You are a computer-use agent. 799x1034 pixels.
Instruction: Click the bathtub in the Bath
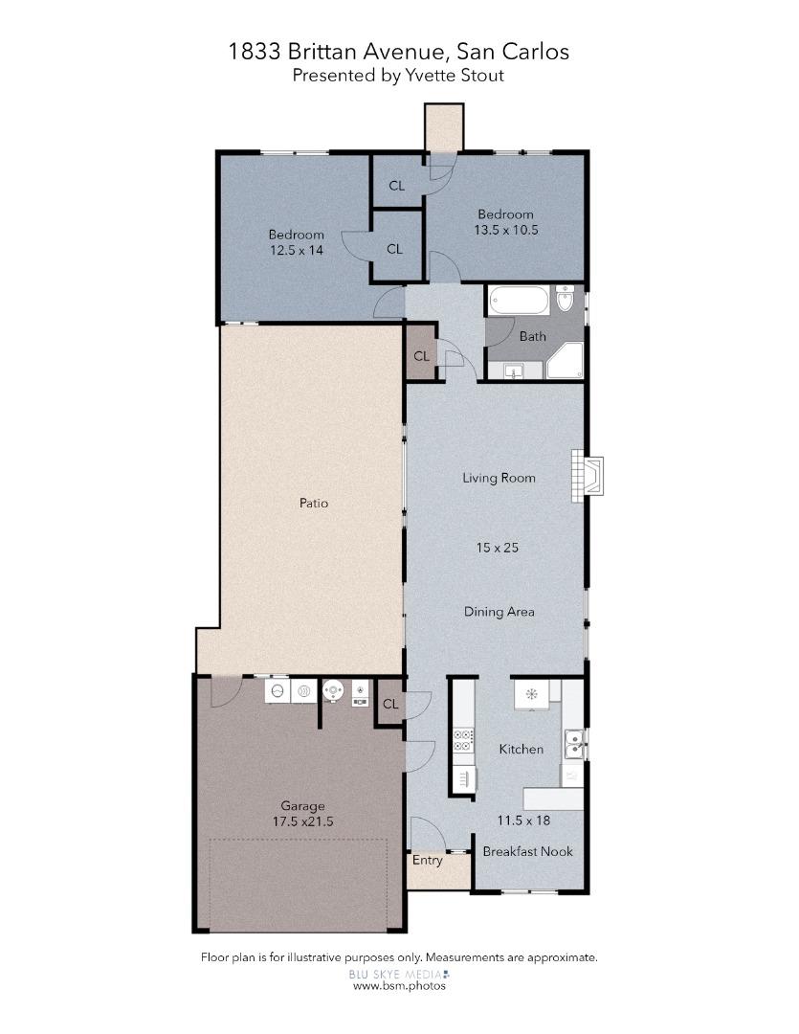tap(520, 303)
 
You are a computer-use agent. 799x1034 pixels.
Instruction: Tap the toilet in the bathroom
tap(565, 302)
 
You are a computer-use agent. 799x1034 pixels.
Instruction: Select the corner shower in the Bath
tap(564, 362)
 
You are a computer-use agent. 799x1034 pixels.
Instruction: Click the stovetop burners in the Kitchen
tap(462, 739)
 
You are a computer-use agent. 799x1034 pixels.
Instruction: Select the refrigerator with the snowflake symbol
tap(531, 694)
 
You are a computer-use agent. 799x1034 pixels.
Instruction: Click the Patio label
tap(314, 503)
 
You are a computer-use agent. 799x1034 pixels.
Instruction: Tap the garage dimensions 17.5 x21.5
tap(303, 820)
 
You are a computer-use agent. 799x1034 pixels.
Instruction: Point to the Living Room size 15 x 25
tap(498, 548)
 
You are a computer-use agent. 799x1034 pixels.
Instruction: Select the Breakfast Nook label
tap(527, 851)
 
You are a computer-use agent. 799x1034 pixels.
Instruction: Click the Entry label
tap(427, 860)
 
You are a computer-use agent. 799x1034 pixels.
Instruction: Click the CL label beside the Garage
tap(389, 704)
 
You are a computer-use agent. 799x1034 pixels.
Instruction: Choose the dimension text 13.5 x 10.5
tap(506, 230)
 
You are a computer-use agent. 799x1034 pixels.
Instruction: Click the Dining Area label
tap(499, 612)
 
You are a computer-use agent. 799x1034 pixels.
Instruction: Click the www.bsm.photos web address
tap(399, 984)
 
